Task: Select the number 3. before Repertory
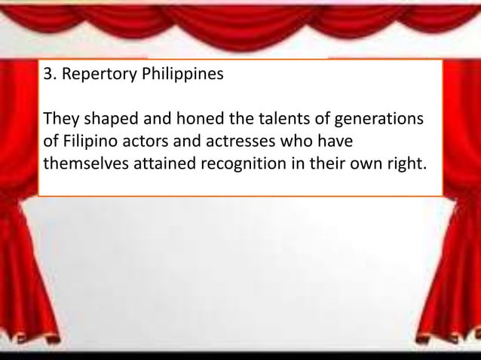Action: click(x=51, y=76)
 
